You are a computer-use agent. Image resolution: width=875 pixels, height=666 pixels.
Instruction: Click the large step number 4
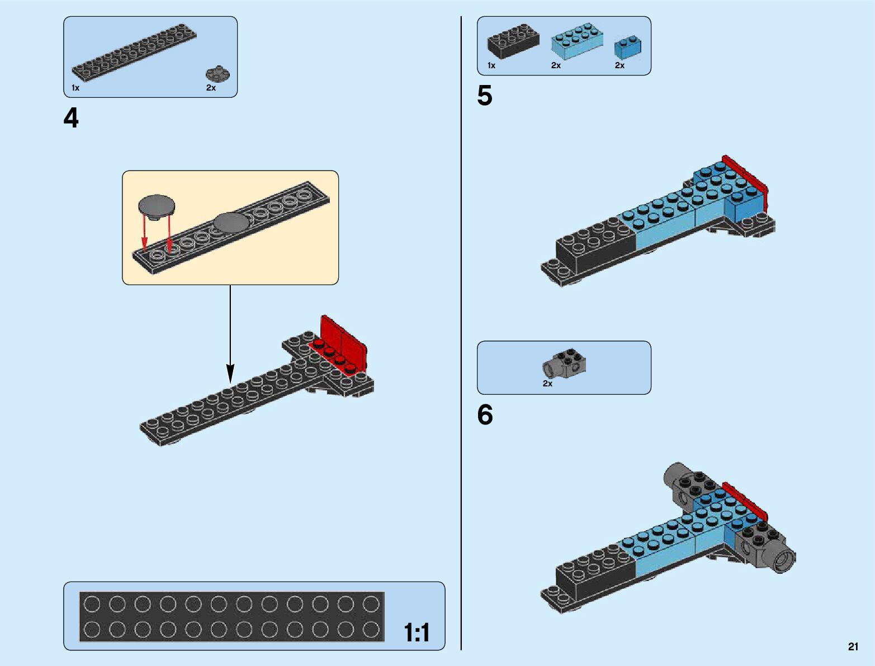click(71, 118)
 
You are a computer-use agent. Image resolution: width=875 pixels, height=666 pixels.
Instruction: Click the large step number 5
click(485, 96)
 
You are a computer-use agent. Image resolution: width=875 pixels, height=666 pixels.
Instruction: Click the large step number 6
click(485, 415)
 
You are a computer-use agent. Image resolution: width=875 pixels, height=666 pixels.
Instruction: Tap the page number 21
click(853, 646)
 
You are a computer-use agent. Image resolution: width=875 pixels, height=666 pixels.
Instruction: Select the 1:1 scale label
click(417, 633)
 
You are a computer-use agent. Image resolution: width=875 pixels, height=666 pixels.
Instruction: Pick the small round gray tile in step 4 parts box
click(217, 74)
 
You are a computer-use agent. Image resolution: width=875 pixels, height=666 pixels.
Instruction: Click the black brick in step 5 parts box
click(513, 42)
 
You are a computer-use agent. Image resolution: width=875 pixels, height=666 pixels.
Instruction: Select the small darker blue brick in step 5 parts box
click(627, 48)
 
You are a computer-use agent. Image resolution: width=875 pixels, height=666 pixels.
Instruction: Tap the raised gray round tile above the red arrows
click(156, 205)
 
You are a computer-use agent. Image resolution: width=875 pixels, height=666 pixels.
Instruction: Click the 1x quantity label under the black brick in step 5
click(491, 65)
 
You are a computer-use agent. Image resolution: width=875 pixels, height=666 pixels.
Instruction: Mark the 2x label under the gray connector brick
click(547, 384)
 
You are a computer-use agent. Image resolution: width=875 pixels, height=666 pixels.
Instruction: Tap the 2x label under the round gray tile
click(211, 88)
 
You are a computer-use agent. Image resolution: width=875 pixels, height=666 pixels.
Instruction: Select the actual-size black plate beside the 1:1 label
click(232, 616)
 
